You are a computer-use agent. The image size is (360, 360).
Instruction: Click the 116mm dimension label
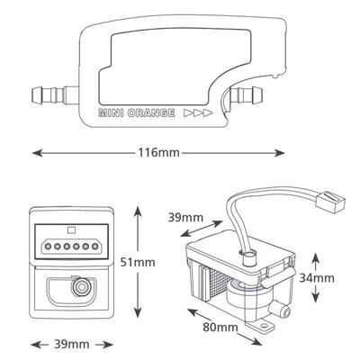click(x=158, y=153)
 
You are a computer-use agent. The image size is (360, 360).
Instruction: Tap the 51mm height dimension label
click(x=138, y=262)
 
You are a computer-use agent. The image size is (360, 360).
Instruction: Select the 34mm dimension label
click(x=317, y=278)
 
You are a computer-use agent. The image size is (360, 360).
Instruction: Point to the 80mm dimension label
click(x=220, y=327)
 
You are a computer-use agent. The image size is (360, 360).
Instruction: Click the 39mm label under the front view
click(x=72, y=345)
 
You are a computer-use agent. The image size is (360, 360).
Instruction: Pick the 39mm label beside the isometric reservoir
click(x=185, y=217)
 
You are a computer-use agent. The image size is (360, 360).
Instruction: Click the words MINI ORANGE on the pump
click(x=137, y=113)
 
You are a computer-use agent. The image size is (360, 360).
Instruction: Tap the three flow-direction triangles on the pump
click(x=198, y=113)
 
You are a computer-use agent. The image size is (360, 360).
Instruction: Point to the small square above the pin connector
click(x=71, y=230)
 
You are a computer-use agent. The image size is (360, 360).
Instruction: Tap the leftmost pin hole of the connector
click(x=47, y=247)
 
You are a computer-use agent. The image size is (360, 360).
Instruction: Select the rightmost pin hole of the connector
click(x=95, y=247)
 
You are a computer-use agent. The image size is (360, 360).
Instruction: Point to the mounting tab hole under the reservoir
click(x=264, y=325)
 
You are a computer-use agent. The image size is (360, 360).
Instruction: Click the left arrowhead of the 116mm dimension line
click(x=37, y=153)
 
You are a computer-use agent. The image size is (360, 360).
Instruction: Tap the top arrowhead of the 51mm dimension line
click(x=138, y=211)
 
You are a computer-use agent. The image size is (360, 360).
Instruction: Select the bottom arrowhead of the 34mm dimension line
click(x=315, y=298)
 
